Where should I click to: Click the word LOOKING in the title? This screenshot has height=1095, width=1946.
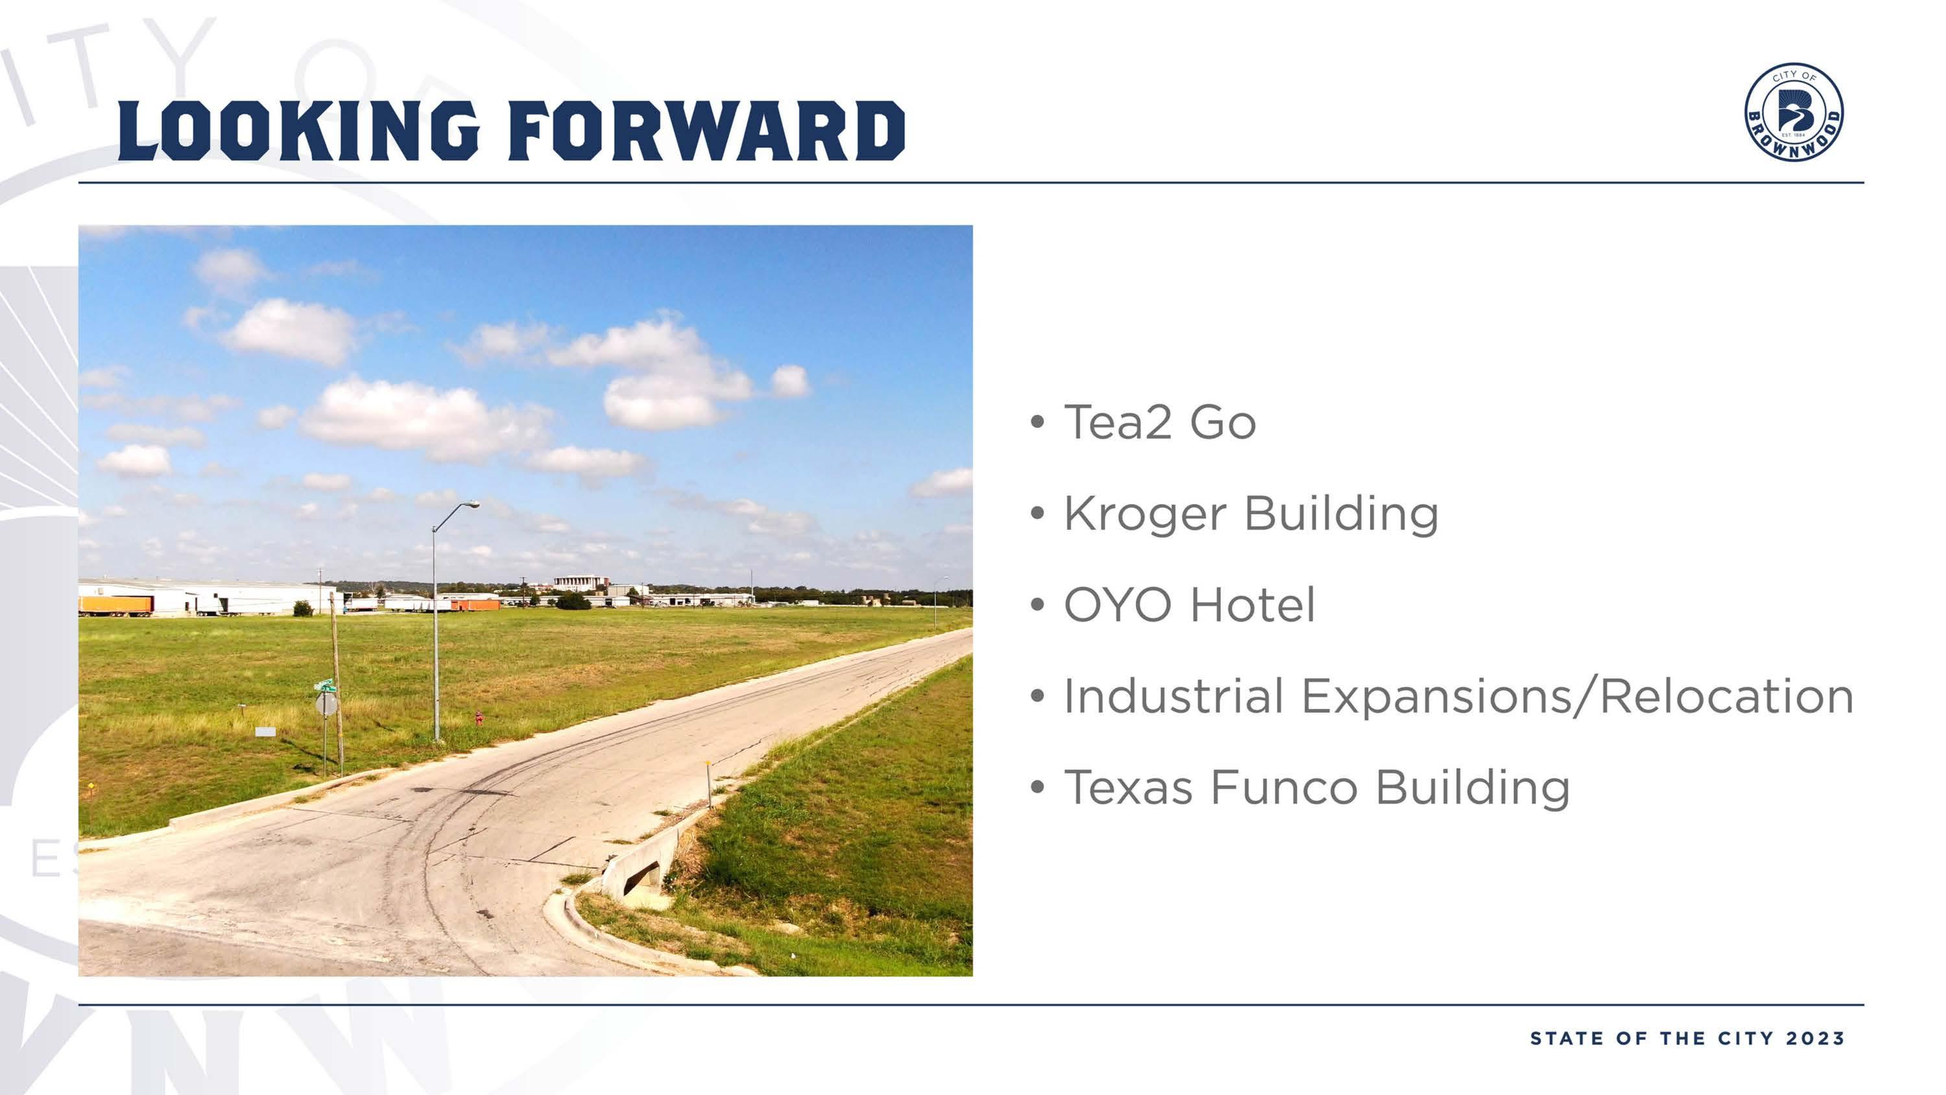[299, 132]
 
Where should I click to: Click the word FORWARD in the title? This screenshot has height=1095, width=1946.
[707, 132]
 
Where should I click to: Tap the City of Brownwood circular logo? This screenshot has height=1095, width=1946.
[1794, 112]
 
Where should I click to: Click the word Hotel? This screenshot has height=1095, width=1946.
[1253, 605]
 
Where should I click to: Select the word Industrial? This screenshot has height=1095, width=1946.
[1173, 696]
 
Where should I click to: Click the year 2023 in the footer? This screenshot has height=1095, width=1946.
[1816, 1039]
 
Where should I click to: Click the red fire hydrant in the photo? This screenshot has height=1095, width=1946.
[478, 718]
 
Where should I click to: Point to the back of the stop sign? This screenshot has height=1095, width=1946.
[326, 705]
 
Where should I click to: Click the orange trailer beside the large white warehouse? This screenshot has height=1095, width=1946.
[115, 605]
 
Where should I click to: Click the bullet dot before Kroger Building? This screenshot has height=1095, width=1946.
[1037, 514]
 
